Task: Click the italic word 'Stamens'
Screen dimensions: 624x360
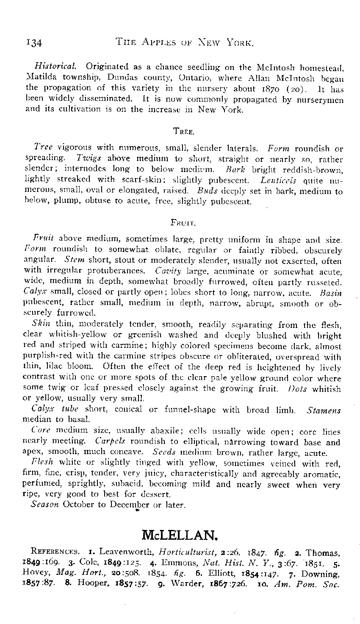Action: [x=324, y=410]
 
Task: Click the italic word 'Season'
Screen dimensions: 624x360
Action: [x=44, y=505]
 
